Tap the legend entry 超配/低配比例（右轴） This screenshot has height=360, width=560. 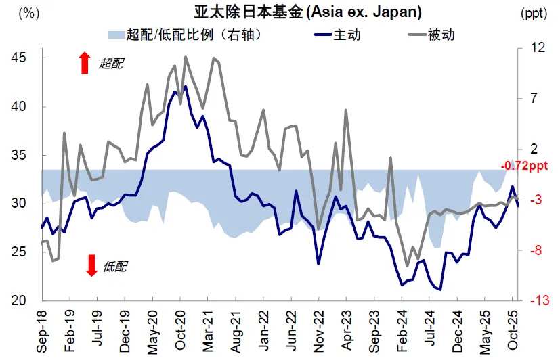coord(185,35)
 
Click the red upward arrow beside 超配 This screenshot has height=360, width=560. coord(85,63)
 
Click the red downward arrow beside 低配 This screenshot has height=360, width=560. coord(91,266)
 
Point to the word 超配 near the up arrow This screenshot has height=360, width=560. coord(112,64)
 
